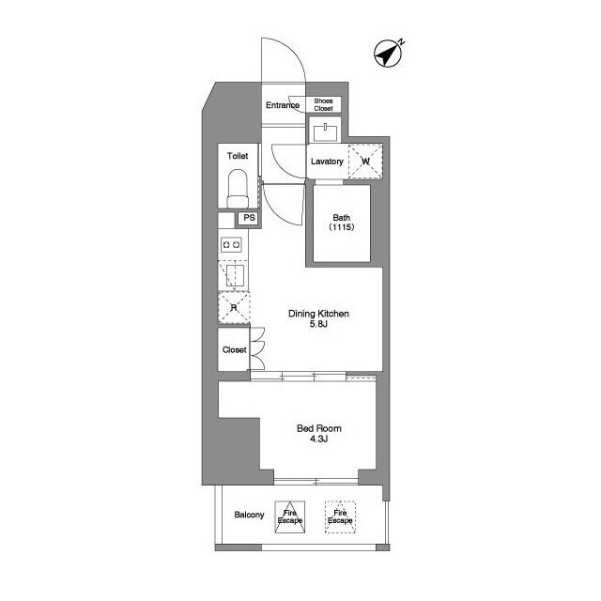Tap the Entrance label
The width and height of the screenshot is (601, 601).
tap(282, 105)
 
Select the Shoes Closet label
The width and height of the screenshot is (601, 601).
tap(323, 105)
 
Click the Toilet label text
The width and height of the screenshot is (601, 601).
tap(238, 156)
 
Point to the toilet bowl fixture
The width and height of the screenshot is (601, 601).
tap(238, 188)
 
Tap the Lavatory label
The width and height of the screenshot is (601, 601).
tap(327, 162)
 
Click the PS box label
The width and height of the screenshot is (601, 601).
tap(248, 218)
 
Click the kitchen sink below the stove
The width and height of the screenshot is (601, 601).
tap(233, 274)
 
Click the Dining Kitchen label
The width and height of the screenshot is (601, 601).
tap(318, 314)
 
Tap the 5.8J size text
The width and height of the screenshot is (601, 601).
tap(318, 326)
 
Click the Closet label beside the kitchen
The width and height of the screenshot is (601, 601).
tap(234, 350)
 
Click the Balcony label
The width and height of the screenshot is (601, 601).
tap(248, 515)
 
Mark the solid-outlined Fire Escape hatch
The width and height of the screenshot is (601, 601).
tap(290, 516)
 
